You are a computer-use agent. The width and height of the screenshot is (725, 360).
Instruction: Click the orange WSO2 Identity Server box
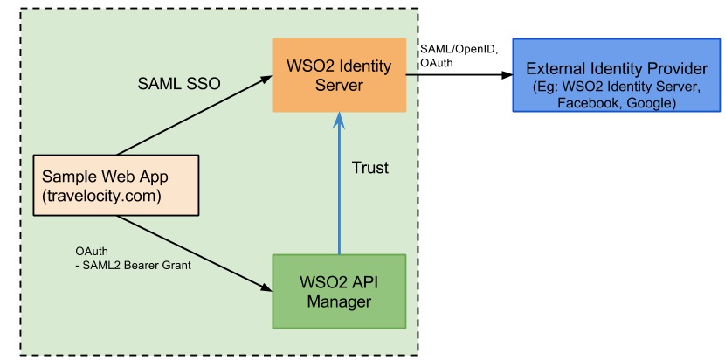339,75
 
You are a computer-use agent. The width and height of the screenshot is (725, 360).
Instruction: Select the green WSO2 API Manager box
339,291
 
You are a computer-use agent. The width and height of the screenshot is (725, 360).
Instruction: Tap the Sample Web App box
114,185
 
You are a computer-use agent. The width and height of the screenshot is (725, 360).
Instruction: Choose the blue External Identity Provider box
616,75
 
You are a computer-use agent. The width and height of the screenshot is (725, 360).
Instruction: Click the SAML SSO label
179,84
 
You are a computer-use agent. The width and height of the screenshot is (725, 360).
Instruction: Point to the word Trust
369,167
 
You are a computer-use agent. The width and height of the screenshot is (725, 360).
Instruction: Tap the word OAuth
92,252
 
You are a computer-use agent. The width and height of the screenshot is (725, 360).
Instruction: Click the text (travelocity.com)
101,196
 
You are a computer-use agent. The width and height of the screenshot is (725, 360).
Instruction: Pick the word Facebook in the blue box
587,103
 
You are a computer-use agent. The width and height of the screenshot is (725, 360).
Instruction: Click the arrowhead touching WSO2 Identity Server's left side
266,81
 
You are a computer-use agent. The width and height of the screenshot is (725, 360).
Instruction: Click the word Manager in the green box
339,302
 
